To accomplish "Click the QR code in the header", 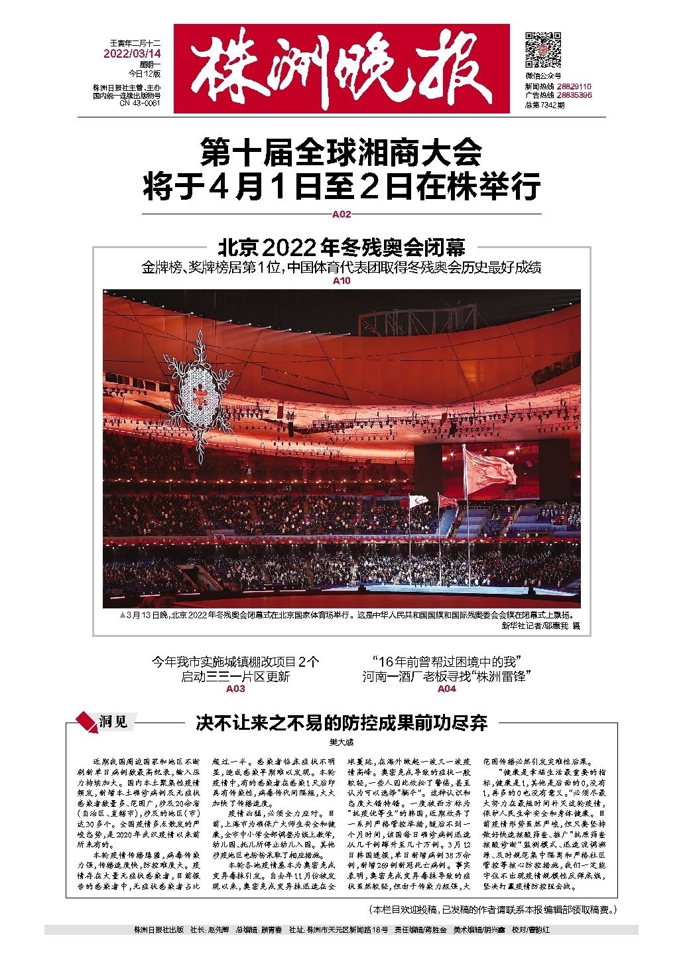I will click(543, 50).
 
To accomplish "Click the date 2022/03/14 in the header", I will click(133, 53).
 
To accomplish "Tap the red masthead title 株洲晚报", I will click(342, 68).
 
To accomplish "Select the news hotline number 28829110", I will click(574, 87).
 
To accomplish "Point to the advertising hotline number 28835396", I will click(574, 96).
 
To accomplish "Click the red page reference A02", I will click(342, 214).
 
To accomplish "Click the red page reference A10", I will click(342, 281).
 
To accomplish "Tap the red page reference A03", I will click(235, 689).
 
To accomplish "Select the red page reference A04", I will click(447, 689).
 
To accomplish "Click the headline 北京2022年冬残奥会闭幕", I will click(342, 247).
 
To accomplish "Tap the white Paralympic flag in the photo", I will click(419, 501).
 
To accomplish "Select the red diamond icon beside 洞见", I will click(86, 721).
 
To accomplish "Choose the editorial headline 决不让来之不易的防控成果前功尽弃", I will click(342, 723).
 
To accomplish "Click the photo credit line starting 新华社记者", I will click(540, 626).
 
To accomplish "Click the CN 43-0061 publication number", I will click(140, 104).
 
